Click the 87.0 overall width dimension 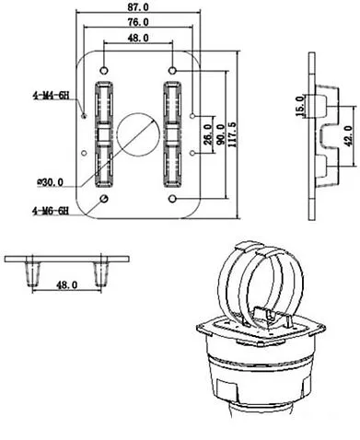click(x=139, y=7)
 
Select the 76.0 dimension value click(x=139, y=22)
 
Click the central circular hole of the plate click(x=138, y=133)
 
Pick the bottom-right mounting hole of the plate click(x=173, y=199)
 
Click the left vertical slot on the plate click(x=102, y=133)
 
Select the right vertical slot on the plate click(x=173, y=133)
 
